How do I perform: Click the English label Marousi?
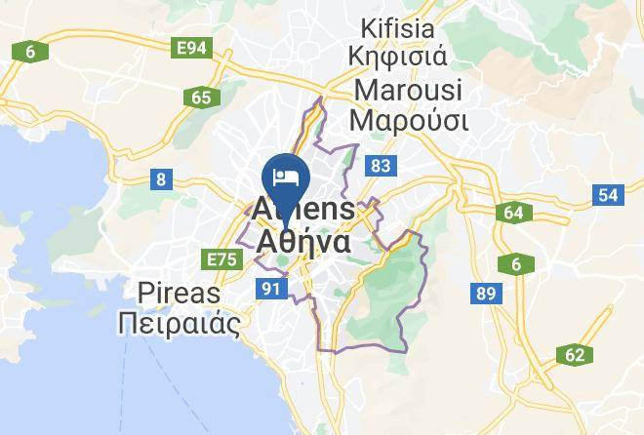point(409,89)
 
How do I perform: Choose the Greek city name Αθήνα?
point(303,240)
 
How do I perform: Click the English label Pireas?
point(180,292)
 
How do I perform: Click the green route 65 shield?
point(202,98)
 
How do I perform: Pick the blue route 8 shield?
point(160,178)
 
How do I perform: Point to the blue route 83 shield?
point(381,167)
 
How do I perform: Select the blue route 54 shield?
point(608,195)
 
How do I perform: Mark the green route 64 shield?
point(514,213)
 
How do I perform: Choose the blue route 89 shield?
point(484,292)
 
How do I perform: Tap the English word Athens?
point(303,208)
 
